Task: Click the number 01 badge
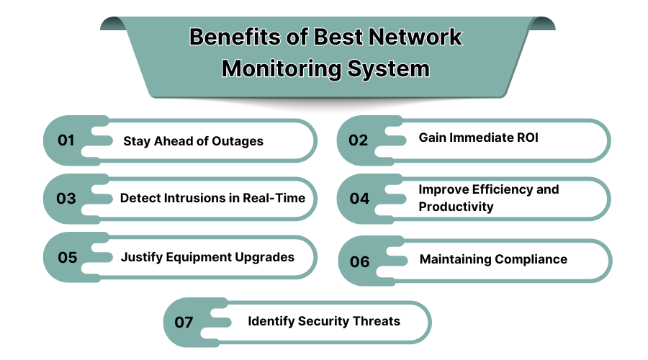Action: [x=66, y=140]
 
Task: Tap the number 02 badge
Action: [x=359, y=140]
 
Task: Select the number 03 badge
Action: [x=66, y=198]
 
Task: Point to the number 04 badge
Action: [x=359, y=198]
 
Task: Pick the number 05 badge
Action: [x=67, y=257]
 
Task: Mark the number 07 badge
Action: [x=184, y=321]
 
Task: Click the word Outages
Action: [x=238, y=141]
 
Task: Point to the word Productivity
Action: [x=456, y=207]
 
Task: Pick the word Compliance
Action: [x=528, y=259]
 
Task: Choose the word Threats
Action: [x=374, y=320]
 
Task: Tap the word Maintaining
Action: [x=452, y=259]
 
